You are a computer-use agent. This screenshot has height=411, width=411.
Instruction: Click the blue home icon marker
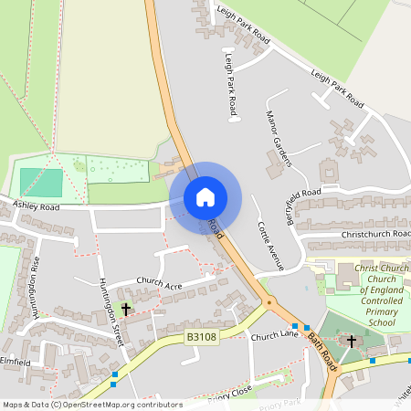coord(205,197)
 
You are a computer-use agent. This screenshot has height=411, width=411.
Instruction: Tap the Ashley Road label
coord(37,207)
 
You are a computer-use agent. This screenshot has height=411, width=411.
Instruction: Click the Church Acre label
coord(160,281)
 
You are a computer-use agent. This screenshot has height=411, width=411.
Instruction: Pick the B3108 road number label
coord(201,337)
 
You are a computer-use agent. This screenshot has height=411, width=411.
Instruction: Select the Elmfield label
coord(17,363)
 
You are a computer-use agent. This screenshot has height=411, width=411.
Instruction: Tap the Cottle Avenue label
coord(270,245)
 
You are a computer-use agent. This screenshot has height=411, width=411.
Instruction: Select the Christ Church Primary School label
coord(369,294)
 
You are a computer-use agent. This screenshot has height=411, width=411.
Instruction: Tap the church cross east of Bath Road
coord(352,342)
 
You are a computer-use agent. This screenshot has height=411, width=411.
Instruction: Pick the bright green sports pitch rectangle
coord(42,182)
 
